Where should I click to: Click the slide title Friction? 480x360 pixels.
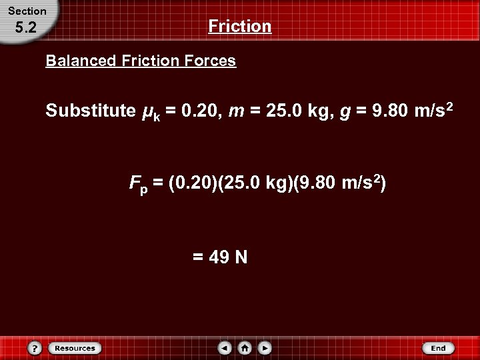(x=240, y=27)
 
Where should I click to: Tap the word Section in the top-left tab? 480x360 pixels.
(x=27, y=11)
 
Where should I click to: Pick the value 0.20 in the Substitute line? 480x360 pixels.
(x=199, y=111)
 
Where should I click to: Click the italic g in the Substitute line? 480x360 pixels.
(x=345, y=112)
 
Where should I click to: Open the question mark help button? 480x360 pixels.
(x=35, y=348)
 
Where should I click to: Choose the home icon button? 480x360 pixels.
(x=245, y=348)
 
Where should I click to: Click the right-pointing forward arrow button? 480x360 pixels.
(x=265, y=348)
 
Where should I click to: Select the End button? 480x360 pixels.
(x=438, y=348)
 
